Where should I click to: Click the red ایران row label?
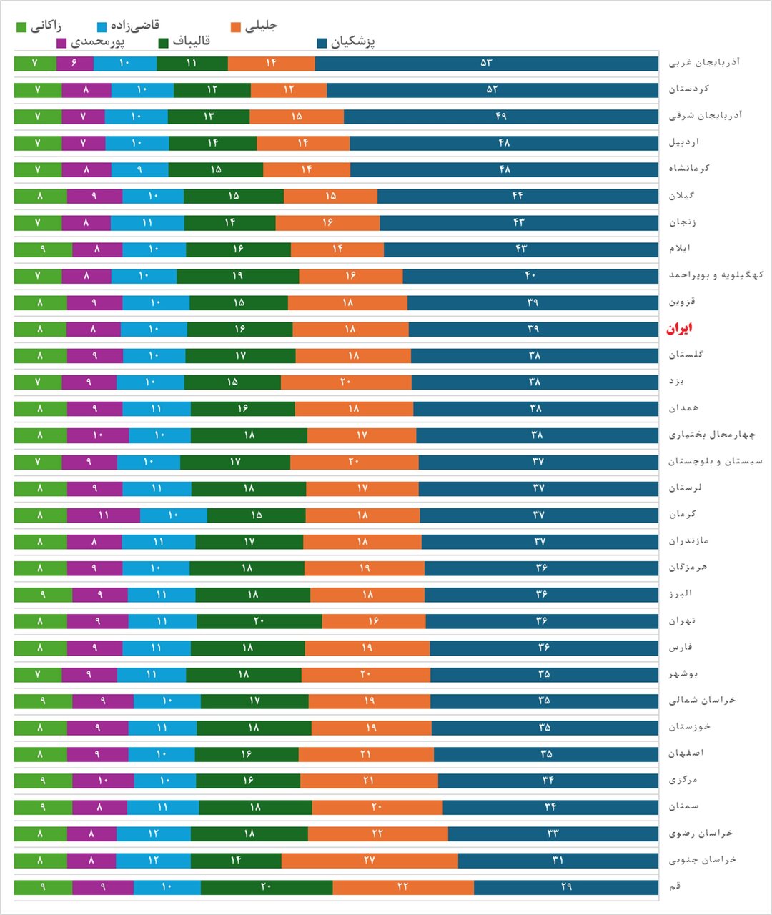coord(679,329)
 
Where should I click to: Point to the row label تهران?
coord(682,620)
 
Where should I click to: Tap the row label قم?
coord(675,886)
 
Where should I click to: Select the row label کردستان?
coord(688,89)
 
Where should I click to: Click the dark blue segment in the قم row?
coord(566,887)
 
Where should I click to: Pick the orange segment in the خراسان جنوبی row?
coord(370,860)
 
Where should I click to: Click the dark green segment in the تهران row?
coord(259,621)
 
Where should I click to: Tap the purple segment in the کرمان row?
coord(104,515)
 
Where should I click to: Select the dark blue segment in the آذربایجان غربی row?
coord(486,64)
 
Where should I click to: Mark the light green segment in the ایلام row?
coord(43,249)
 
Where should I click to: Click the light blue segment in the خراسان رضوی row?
coord(153,834)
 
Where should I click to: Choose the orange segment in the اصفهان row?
coord(366,754)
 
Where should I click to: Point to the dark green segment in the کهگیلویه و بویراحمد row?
coord(237,276)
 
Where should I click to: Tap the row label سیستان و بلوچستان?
coord(715,461)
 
